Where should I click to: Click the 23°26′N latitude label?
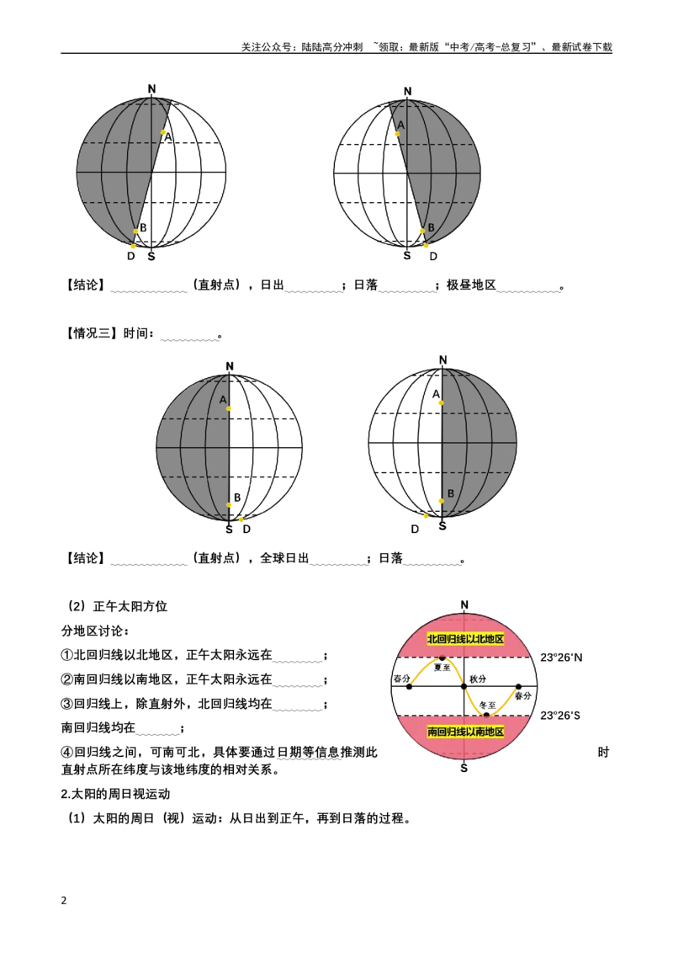[560, 657]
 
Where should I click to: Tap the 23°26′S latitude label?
[560, 716]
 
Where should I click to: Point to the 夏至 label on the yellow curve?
[442, 668]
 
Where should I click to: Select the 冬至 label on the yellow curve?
[488, 705]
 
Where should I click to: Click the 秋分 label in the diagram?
[478, 679]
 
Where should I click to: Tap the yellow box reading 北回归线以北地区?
[465, 639]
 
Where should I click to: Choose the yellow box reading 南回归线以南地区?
[465, 731]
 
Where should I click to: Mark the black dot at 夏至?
[442, 658]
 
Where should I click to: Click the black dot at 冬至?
[486, 715]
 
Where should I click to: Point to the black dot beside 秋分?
[464, 686]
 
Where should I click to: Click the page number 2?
[64, 900]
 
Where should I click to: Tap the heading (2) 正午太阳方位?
[117, 606]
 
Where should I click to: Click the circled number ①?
[66, 655]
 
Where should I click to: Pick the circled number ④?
[66, 752]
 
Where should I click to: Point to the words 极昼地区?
[471, 285]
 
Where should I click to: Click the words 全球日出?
[284, 558]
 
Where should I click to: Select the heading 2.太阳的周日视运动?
[115, 794]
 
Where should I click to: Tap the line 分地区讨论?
[95, 631]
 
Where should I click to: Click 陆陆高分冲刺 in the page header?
[332, 47]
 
